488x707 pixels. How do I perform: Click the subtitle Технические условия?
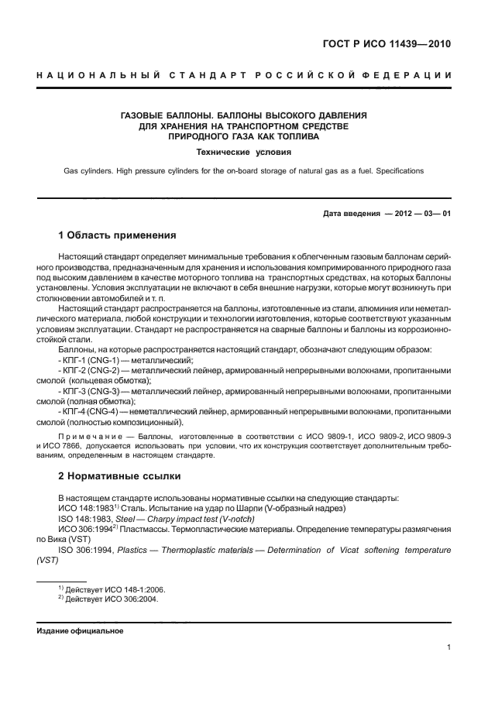[243, 152]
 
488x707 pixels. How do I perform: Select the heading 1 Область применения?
[118, 235]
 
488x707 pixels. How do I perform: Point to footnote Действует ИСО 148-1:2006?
[111, 589]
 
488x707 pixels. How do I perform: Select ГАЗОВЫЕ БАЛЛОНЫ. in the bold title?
[164, 115]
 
